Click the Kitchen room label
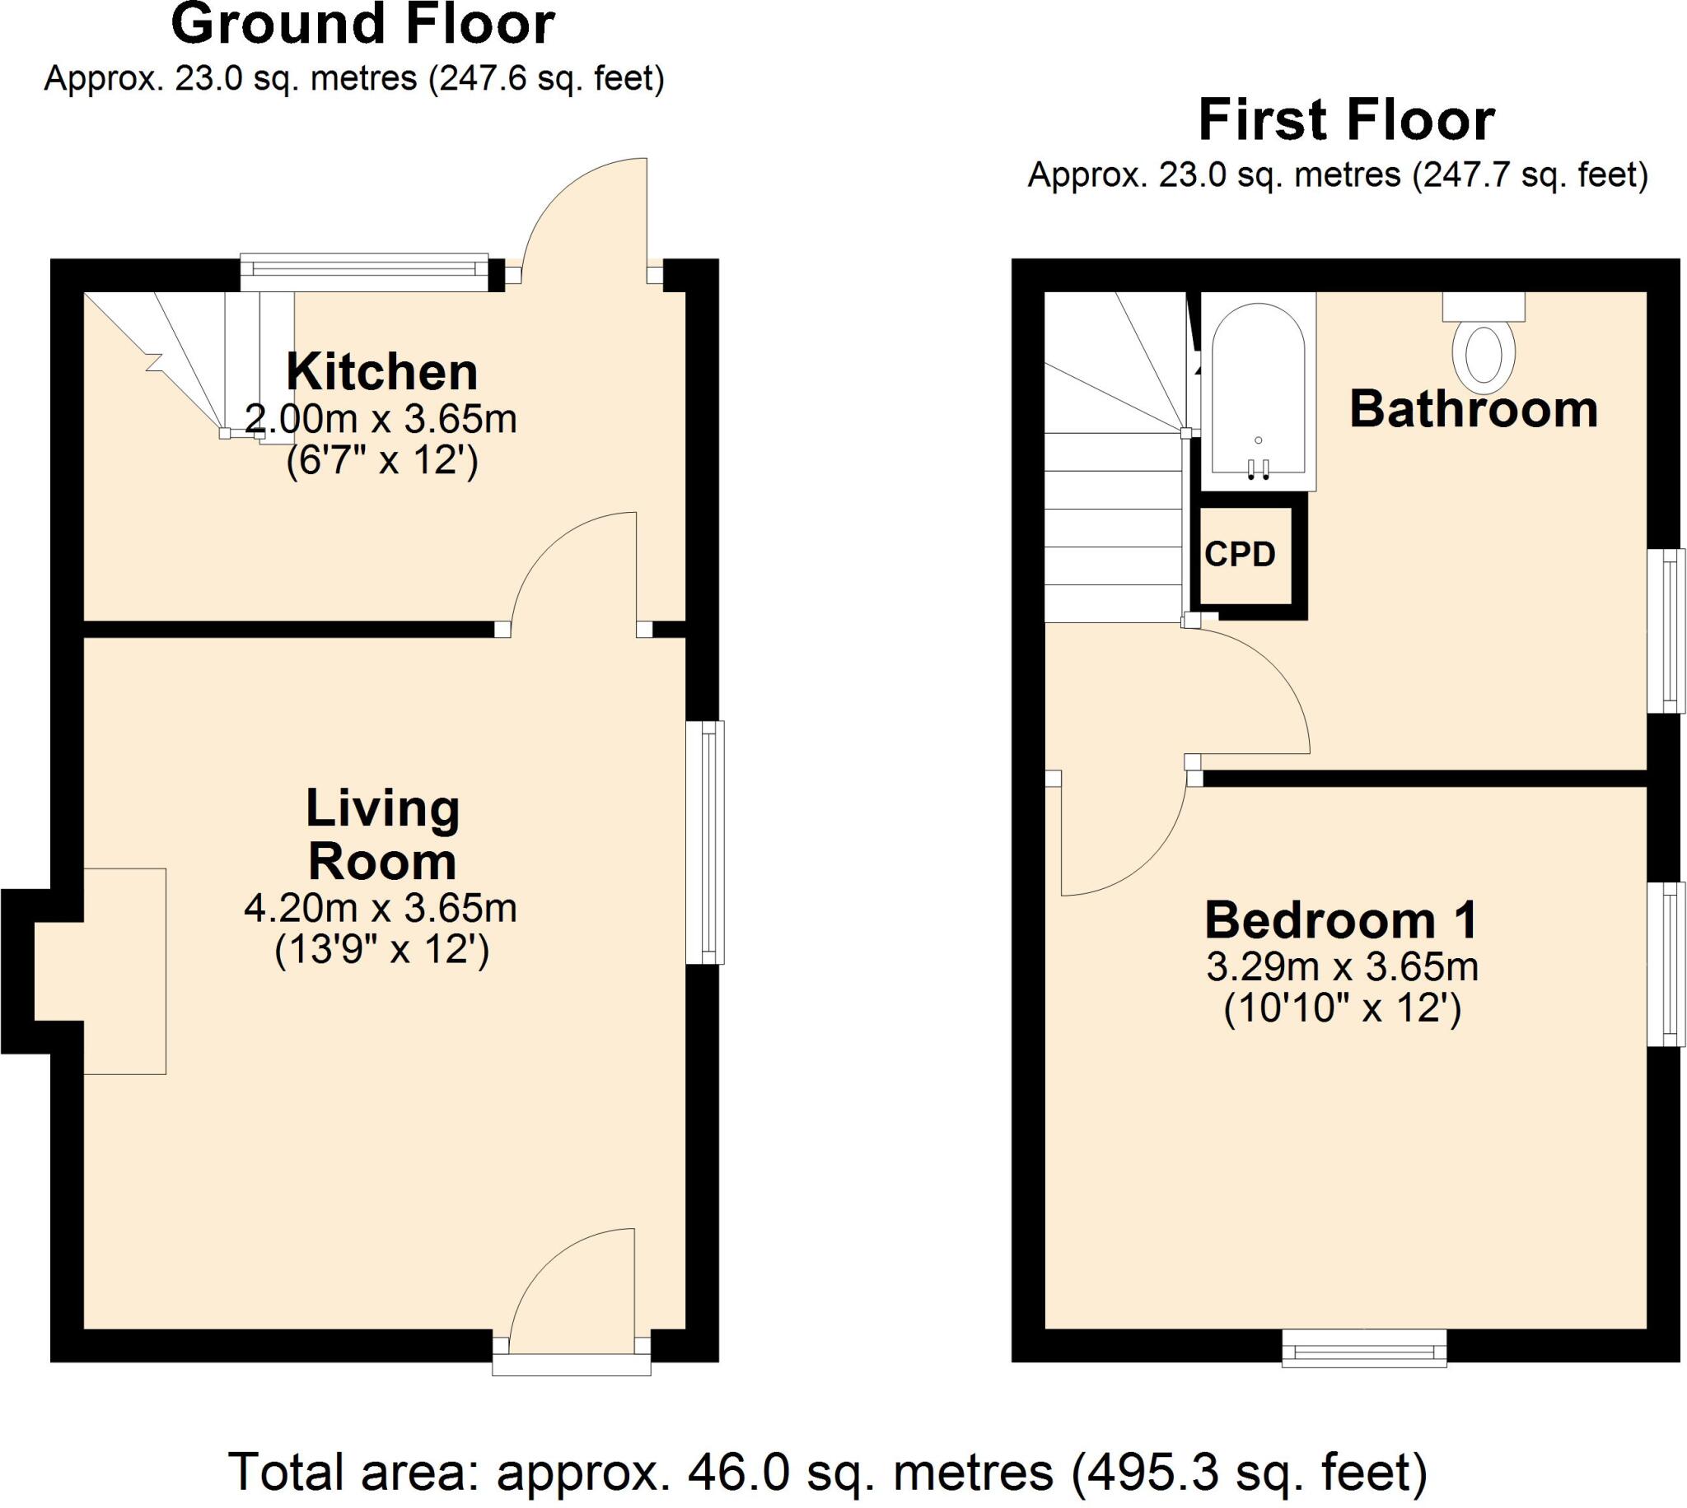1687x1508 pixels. pos(382,372)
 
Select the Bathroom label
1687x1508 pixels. pos(1473,409)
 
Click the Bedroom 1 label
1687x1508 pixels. pos(1341,920)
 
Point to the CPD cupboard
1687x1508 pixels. pos(1241,554)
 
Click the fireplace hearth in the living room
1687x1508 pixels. pos(124,971)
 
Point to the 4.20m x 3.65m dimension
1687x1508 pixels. pos(381,909)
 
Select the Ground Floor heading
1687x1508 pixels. pos(362,25)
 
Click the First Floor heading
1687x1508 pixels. pos(1346,121)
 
